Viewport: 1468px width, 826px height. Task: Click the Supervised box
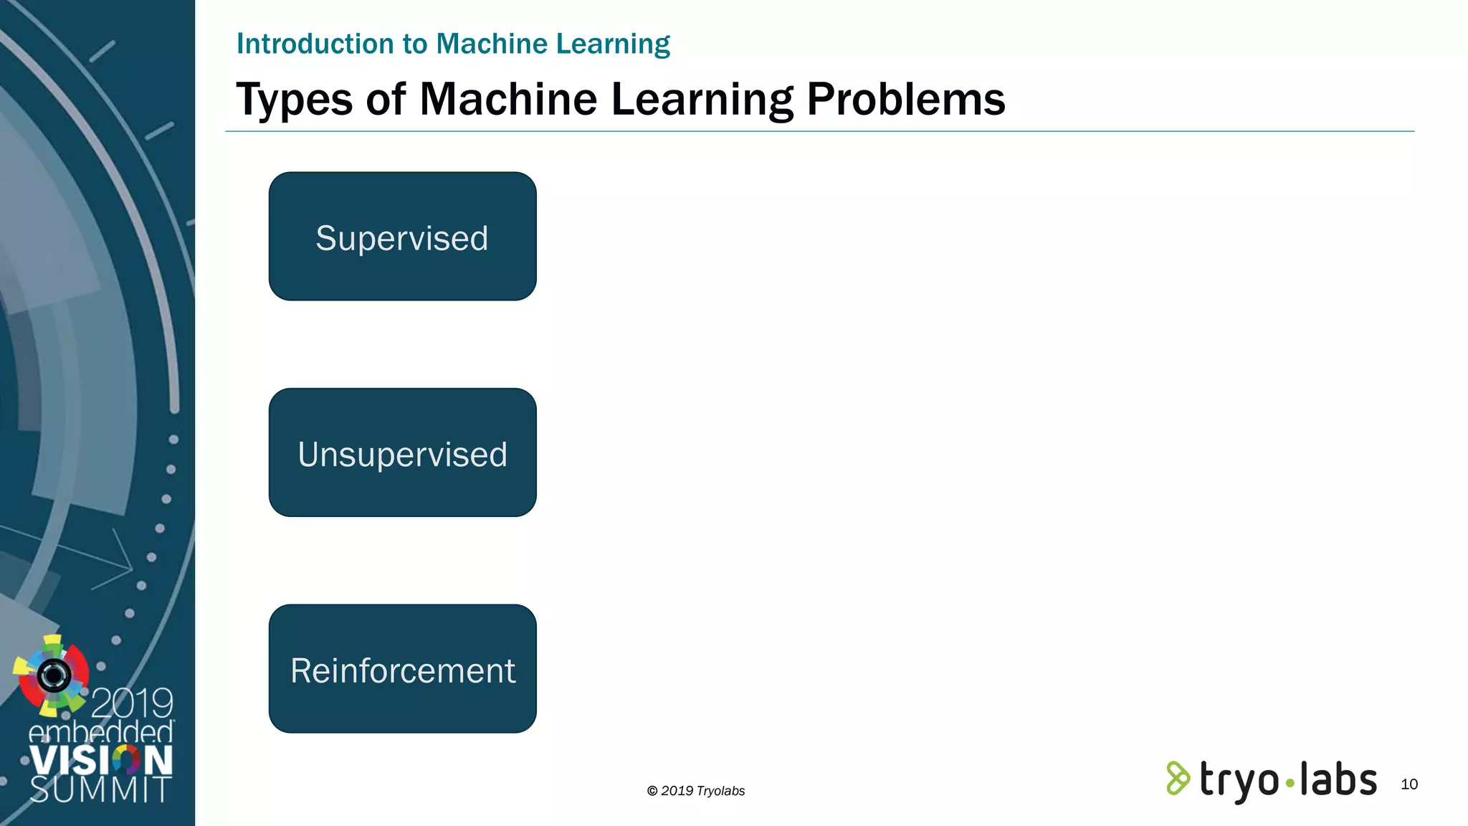click(x=402, y=237)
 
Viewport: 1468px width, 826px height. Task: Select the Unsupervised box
click(x=402, y=452)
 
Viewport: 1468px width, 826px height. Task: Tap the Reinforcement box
click(x=402, y=669)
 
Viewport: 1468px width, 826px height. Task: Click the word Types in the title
click(x=294, y=100)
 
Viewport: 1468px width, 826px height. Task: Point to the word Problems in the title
click(x=905, y=100)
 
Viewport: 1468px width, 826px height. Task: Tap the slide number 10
click(x=1409, y=784)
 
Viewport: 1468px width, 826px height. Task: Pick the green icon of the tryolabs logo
click(x=1177, y=779)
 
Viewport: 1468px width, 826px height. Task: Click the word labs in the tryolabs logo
click(x=1338, y=779)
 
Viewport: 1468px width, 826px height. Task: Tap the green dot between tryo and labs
click(x=1290, y=784)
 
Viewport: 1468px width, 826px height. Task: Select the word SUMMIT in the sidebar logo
click(x=100, y=789)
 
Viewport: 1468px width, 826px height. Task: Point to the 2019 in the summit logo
click(x=132, y=703)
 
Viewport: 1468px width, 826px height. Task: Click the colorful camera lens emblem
click(x=52, y=675)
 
